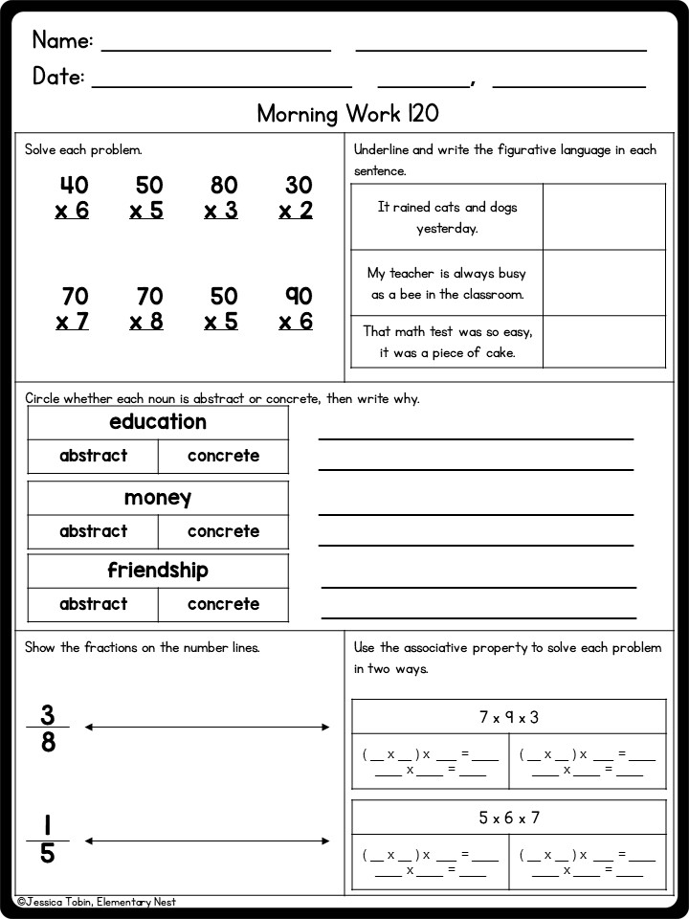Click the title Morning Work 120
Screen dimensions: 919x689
pos(347,114)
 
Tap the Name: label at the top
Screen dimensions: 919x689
pos(62,40)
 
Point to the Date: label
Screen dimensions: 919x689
pos(58,77)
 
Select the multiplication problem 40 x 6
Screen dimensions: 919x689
pos(73,198)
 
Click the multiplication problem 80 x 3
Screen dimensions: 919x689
pos(222,198)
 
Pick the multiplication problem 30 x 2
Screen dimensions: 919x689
pos(297,198)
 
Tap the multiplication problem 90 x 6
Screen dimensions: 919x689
pos(297,308)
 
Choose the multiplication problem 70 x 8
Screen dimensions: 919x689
pos(147,308)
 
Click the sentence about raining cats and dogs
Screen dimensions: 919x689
pos(447,217)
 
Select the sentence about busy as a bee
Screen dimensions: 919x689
pos(447,283)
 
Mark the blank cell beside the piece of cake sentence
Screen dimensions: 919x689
pos(604,342)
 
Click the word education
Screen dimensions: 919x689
pos(158,422)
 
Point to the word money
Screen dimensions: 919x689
pos(158,498)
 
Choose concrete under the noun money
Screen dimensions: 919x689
pos(223,531)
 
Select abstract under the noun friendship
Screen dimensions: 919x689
pos(93,604)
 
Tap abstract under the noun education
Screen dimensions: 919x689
pos(93,456)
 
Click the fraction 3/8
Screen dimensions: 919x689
pos(48,728)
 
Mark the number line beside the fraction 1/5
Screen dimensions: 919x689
pos(207,841)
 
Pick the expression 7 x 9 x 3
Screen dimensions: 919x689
pos(509,717)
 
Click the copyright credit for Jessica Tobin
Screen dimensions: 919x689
pos(97,902)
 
